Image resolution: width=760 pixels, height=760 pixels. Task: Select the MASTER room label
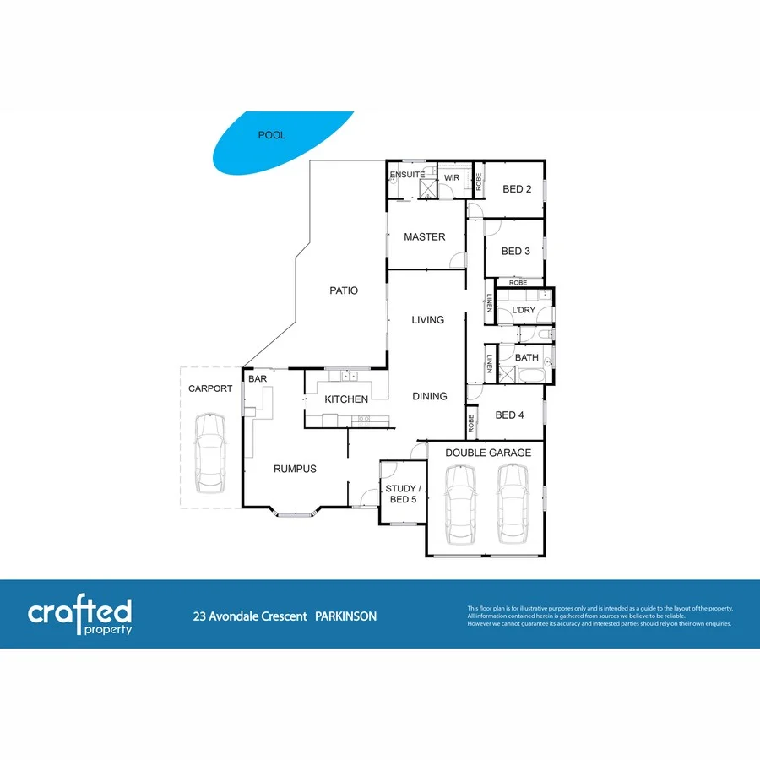pyautogui.click(x=424, y=237)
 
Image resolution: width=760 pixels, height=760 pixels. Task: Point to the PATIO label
pyautogui.click(x=344, y=290)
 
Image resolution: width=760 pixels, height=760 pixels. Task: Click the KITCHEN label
pyautogui.click(x=347, y=399)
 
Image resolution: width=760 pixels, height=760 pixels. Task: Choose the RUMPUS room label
pyautogui.click(x=294, y=469)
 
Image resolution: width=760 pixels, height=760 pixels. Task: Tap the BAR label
pyautogui.click(x=258, y=380)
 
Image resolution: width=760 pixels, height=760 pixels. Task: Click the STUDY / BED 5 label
pyautogui.click(x=401, y=493)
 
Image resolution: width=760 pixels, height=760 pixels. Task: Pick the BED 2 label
pyautogui.click(x=517, y=189)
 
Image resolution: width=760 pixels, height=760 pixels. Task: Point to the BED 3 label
pyautogui.click(x=515, y=251)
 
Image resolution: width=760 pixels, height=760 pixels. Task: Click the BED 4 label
pyautogui.click(x=510, y=415)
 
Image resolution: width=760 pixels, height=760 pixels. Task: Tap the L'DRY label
pyautogui.click(x=524, y=311)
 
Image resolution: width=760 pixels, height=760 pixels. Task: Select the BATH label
pyautogui.click(x=527, y=358)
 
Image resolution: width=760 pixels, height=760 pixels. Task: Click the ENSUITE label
pyautogui.click(x=407, y=175)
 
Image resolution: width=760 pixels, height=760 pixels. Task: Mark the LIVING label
pyautogui.click(x=427, y=320)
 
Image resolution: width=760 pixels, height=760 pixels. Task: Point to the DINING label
pyautogui.click(x=430, y=396)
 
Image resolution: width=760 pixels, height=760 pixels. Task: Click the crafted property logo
pyautogui.click(x=80, y=616)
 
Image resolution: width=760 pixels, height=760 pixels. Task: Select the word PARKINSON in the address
pyautogui.click(x=346, y=616)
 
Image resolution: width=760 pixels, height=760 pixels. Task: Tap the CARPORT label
pyautogui.click(x=209, y=388)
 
